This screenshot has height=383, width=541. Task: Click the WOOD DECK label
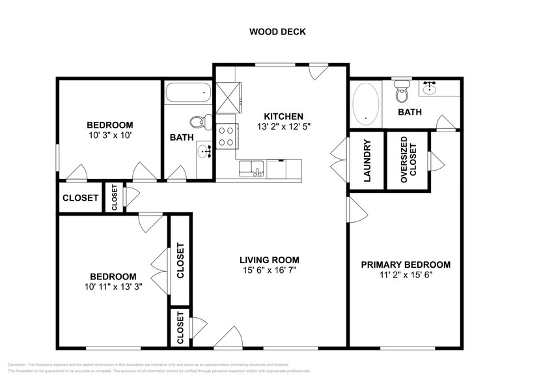[x=278, y=31]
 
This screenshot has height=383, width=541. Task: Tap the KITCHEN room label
[x=279, y=117]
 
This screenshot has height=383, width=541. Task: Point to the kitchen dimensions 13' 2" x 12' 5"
[x=279, y=127]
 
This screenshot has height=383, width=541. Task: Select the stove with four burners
[x=227, y=135]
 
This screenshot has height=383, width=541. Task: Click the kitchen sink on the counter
[x=251, y=169]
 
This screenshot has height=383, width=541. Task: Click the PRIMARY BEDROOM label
[x=406, y=264]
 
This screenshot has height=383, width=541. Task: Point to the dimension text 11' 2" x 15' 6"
[x=406, y=275]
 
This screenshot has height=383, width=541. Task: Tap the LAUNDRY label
[x=367, y=161]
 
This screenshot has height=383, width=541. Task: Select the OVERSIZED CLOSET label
[x=408, y=161]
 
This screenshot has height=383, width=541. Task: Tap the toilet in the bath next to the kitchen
[x=199, y=121]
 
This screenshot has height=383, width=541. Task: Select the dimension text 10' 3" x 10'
[x=110, y=136]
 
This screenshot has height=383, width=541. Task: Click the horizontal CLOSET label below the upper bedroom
[x=81, y=198]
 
